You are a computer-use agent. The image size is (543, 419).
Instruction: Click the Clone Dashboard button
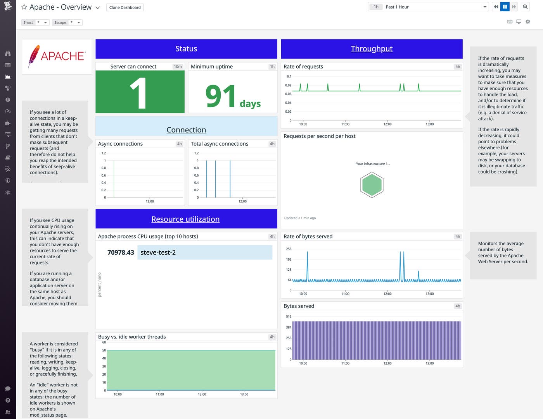click(125, 7)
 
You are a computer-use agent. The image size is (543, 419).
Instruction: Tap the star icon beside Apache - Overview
click(24, 7)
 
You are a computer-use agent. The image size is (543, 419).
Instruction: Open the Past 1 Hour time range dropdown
click(428, 7)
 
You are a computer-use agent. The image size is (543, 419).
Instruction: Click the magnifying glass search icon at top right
click(525, 7)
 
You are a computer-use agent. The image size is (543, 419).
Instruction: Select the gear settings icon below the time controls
click(528, 22)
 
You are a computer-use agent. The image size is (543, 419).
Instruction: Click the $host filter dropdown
click(35, 22)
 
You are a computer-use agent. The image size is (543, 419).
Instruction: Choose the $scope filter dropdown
click(67, 22)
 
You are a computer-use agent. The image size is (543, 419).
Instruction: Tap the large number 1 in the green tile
click(138, 93)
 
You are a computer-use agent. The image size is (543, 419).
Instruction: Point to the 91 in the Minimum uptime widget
click(220, 96)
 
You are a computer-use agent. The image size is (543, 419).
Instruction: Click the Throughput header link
click(372, 49)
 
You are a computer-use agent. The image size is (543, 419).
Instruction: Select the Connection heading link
click(186, 130)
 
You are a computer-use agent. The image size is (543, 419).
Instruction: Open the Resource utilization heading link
click(185, 219)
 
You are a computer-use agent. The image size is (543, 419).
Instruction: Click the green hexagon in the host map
click(372, 185)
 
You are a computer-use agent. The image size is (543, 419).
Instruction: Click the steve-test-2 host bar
click(205, 252)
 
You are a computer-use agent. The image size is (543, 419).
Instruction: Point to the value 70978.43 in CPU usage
click(121, 252)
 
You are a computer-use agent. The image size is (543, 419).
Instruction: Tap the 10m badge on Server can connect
click(178, 67)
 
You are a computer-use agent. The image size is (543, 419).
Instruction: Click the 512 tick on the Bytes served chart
click(289, 317)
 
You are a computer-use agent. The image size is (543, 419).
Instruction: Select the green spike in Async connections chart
click(114, 178)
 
